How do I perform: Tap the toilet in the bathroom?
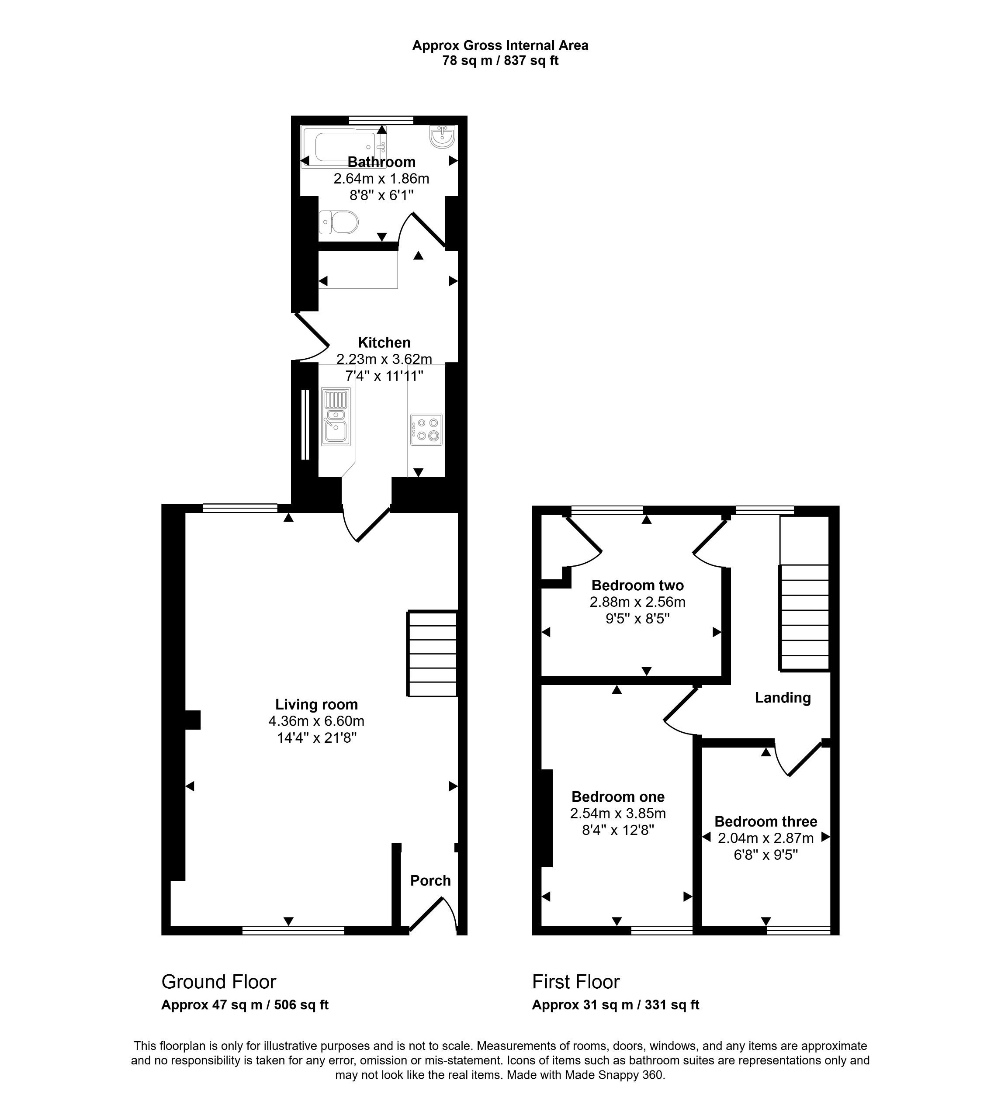coord(339,222)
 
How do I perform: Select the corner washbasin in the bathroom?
coord(442,136)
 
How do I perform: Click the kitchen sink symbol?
coord(335,416)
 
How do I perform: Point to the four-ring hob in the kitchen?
coord(426,429)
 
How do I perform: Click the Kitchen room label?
coord(384,343)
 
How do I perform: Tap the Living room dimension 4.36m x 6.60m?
coord(316,721)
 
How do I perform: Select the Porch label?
coord(430,880)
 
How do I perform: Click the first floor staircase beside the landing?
coord(804,617)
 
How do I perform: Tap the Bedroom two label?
coord(637,585)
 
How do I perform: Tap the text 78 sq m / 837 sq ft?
coord(500,61)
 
